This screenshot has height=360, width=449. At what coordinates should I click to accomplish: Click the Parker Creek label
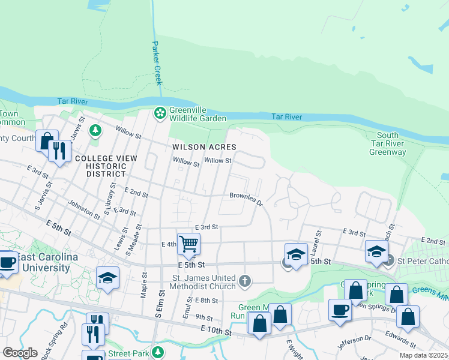click(x=157, y=63)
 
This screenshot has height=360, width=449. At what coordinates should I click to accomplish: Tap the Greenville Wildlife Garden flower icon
click(x=160, y=112)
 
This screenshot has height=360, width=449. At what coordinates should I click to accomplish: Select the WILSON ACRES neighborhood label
click(x=204, y=147)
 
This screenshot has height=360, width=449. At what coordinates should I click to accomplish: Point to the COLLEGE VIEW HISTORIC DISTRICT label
click(x=106, y=166)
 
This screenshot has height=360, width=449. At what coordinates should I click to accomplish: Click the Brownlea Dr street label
click(x=246, y=198)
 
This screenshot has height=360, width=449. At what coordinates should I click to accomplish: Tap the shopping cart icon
click(x=188, y=244)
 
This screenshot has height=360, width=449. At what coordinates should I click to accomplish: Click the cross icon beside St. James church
click(x=244, y=281)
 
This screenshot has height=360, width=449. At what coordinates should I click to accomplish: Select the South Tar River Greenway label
click(x=388, y=144)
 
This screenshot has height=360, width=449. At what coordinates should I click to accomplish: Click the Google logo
click(x=20, y=352)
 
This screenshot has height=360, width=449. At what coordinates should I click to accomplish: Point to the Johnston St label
click(x=84, y=209)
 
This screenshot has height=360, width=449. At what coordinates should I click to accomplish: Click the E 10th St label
click(x=212, y=331)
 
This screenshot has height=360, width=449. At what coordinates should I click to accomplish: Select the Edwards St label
click(x=401, y=339)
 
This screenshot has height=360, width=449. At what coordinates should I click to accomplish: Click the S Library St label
click(x=109, y=196)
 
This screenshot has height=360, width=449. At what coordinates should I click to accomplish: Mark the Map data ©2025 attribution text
click(x=423, y=355)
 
